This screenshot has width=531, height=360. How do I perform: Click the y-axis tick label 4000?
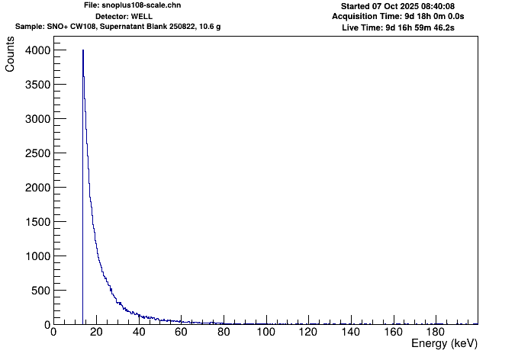(35, 50)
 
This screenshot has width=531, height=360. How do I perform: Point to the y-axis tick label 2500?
(35, 153)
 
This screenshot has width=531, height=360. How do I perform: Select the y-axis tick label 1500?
(35, 222)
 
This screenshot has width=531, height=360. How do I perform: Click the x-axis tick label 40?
(138, 333)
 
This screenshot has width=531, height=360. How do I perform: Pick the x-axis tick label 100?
(265, 333)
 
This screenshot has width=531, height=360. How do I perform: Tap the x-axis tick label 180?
(436, 333)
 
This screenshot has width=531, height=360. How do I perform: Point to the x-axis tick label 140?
(350, 333)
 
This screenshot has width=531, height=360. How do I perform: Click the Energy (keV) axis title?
(444, 345)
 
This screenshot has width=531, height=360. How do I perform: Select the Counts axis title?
(10, 58)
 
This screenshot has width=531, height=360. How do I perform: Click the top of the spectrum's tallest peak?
(82, 50)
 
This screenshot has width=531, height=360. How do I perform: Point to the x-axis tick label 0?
(53, 333)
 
